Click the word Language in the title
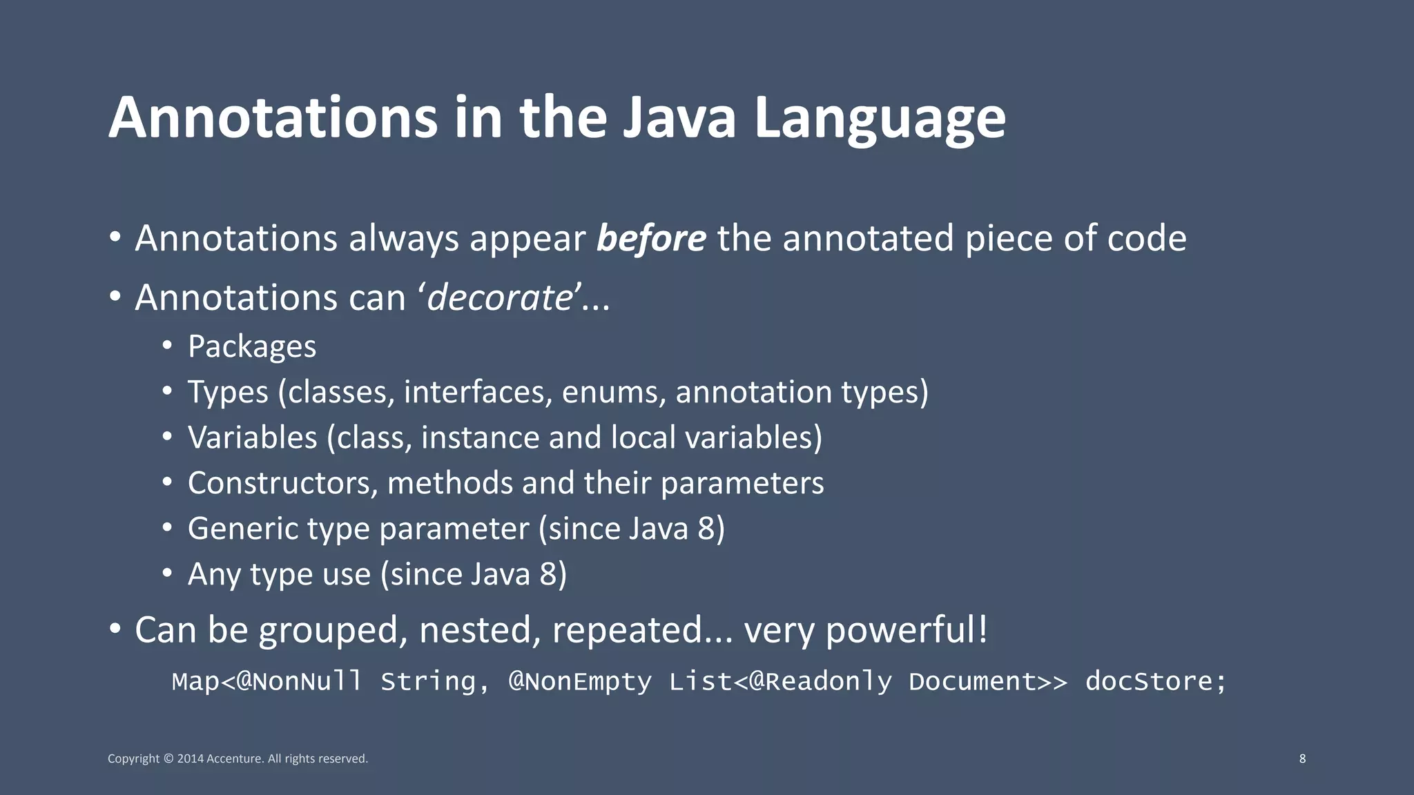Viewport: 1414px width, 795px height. click(x=880, y=119)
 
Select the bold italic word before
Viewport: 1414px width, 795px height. click(x=651, y=239)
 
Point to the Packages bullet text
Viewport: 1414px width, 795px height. click(x=252, y=346)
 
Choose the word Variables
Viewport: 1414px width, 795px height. click(x=252, y=438)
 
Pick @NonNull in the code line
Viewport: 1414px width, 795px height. click(x=299, y=682)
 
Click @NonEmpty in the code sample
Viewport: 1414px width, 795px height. click(x=580, y=682)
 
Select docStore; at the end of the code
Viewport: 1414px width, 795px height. click(x=1156, y=682)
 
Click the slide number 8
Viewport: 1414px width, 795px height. click(x=1302, y=758)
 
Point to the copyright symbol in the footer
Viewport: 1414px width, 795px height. click(x=168, y=759)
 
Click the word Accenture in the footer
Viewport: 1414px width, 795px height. click(x=234, y=759)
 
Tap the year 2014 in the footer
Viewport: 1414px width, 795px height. click(x=190, y=759)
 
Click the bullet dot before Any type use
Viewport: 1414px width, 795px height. click(x=167, y=573)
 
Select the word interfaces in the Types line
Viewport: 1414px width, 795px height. click(x=478, y=392)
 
